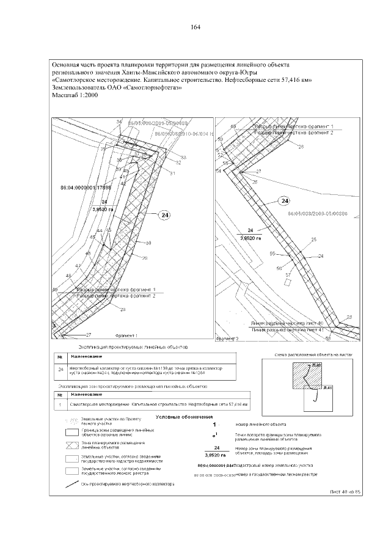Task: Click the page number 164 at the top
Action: coord(195,27)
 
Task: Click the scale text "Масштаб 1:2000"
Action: coord(75,96)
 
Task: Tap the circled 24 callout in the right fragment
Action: coord(283,201)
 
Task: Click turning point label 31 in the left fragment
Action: coord(173,174)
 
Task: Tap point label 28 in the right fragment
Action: coord(301,147)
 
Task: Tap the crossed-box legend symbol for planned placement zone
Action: coord(73,444)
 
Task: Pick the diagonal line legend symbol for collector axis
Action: coord(74,484)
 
